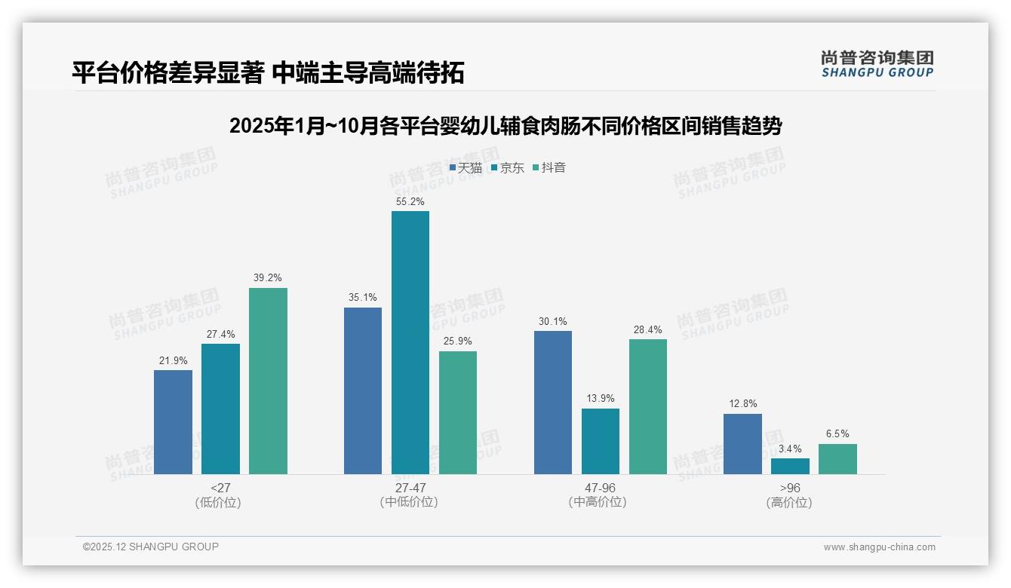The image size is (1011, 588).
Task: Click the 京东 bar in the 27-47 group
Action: click(x=410, y=342)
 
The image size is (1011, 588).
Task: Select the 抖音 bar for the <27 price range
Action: click(x=268, y=381)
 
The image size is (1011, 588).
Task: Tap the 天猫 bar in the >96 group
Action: click(x=742, y=443)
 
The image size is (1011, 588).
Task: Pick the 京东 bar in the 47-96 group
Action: click(x=600, y=441)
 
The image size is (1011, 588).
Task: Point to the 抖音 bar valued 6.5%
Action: click(x=837, y=458)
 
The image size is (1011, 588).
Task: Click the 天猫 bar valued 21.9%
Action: click(x=173, y=421)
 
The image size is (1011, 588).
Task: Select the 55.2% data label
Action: click(x=410, y=202)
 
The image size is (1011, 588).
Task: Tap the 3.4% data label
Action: click(x=790, y=449)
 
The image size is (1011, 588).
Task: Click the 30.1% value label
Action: click(x=552, y=322)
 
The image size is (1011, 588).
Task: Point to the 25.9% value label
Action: click(x=457, y=341)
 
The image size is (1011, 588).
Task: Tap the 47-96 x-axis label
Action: click(x=600, y=488)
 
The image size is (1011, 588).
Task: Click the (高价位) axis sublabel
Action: click(x=789, y=502)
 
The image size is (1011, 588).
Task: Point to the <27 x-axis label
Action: click(x=220, y=488)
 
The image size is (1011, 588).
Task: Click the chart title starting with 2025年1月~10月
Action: click(x=505, y=126)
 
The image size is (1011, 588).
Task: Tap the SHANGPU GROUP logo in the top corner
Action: click(x=877, y=64)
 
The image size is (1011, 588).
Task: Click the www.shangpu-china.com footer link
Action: click(x=879, y=547)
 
